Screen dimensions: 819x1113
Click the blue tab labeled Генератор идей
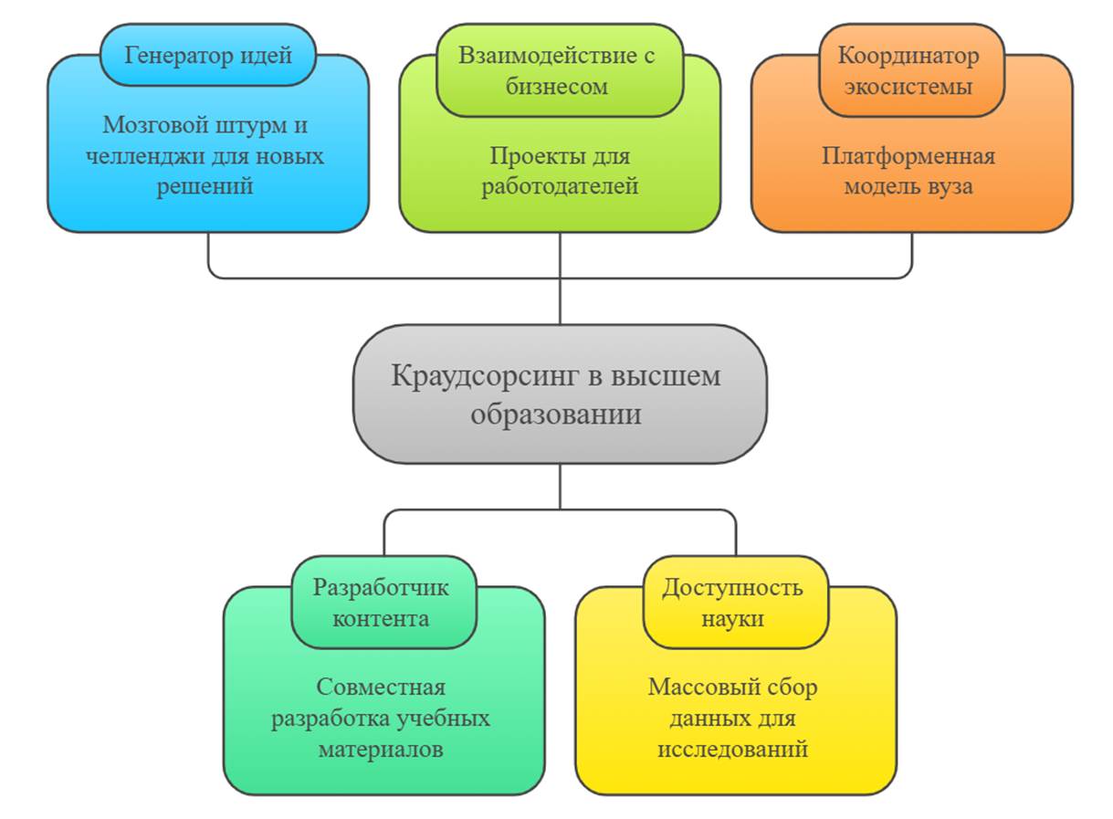207,55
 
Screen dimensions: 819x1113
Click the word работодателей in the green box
560,186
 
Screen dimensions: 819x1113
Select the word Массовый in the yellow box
692,687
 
